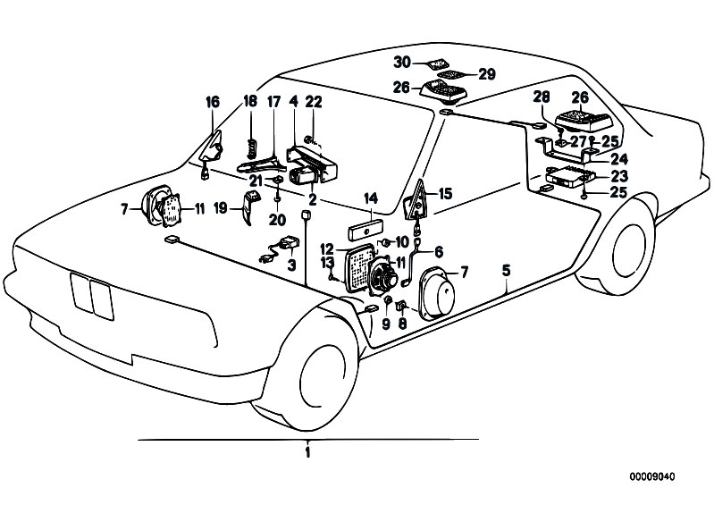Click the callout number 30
[402, 62]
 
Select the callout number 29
[487, 74]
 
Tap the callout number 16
[213, 102]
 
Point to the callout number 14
[371, 198]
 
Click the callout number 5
[507, 271]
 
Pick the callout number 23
[619, 176]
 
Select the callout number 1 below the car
[307, 452]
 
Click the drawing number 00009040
[652, 476]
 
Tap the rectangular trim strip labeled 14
[365, 230]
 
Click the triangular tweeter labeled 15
[416, 201]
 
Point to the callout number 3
[291, 265]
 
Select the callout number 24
[619, 159]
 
